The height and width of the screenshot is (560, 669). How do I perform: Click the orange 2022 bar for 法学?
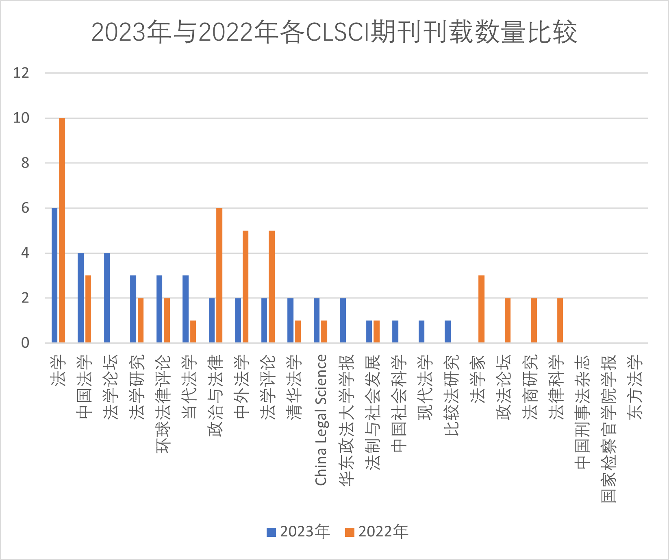[x=62, y=230]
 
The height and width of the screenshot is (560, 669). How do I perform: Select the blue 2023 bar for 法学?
[x=54, y=275]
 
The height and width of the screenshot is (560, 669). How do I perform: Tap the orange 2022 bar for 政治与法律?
[x=219, y=275]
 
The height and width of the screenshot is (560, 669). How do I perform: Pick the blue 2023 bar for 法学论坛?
[x=107, y=298]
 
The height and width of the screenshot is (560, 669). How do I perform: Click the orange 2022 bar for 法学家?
[x=482, y=309]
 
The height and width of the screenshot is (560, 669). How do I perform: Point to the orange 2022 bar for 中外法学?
[x=245, y=287]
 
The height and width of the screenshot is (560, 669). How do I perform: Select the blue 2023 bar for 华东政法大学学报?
[x=343, y=320]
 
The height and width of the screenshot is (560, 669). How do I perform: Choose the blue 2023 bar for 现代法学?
[x=421, y=331]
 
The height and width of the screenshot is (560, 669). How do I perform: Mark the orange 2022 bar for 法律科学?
[x=560, y=320]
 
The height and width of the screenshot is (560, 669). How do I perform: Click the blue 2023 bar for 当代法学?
[x=185, y=309]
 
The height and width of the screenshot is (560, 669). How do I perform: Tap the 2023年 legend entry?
[x=298, y=532]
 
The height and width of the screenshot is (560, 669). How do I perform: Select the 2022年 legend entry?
[x=377, y=532]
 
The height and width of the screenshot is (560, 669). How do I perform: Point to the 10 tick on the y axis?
[x=22, y=118]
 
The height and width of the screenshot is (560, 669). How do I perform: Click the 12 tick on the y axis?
[x=22, y=73]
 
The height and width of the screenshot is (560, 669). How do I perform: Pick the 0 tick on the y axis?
[x=25, y=343]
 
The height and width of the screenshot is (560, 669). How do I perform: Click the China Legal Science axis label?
[x=321, y=420]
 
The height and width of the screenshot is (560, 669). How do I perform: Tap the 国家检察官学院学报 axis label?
[x=609, y=429]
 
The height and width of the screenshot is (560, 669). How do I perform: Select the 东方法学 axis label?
[x=635, y=387]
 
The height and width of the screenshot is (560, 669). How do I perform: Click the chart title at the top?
[x=334, y=32]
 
